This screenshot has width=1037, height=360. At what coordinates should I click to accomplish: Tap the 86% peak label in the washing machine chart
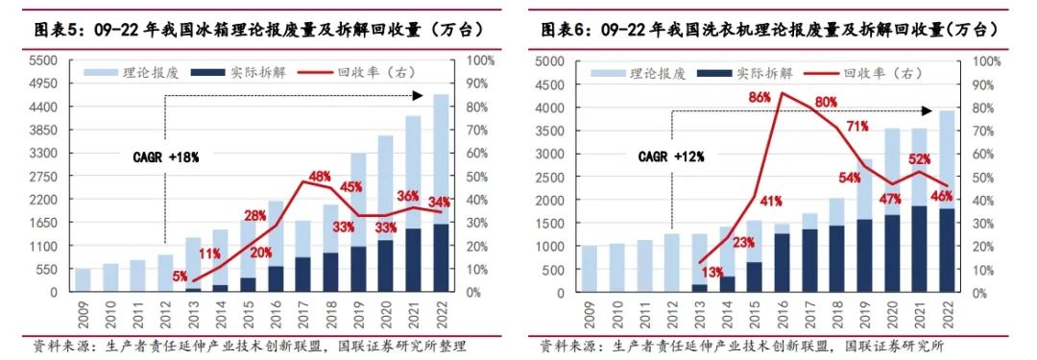(760, 97)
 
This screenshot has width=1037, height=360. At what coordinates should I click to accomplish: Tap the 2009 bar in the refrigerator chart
(84, 279)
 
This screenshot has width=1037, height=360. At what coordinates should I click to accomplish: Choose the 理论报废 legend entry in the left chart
(132, 72)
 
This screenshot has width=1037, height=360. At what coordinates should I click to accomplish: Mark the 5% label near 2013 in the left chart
(181, 277)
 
